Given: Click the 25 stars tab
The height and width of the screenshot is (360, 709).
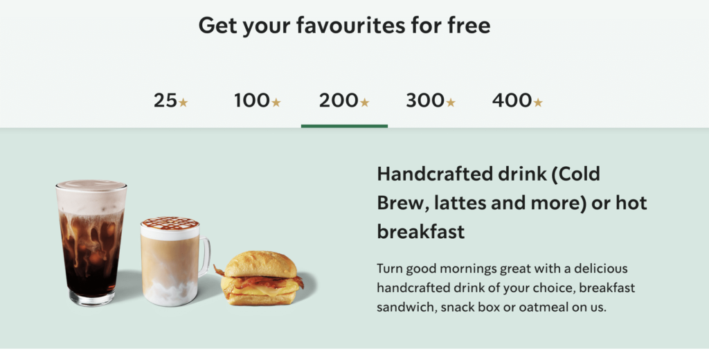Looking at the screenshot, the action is tap(170, 100).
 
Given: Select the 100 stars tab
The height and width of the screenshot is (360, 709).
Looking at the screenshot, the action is tap(258, 100).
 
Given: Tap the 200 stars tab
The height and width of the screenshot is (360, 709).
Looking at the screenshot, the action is tap(344, 100).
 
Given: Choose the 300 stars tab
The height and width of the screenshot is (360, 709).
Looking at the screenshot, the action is tap(431, 100).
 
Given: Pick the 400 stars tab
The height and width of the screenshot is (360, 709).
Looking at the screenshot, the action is tap(517, 100).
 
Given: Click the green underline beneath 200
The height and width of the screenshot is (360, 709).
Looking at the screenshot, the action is tap(344, 126).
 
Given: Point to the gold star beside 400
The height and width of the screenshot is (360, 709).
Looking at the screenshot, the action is tap(537, 102).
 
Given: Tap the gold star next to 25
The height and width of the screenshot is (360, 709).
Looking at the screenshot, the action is tap(183, 102).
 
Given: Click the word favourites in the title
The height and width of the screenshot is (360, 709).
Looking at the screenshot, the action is tap(350, 25).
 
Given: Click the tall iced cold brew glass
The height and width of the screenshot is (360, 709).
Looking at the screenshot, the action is tap(91, 243).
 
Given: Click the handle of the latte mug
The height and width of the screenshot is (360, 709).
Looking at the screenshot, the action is tap(205, 256).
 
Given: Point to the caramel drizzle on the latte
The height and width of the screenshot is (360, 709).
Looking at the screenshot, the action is tap(170, 223).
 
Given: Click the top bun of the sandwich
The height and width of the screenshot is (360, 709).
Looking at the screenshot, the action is tap(260, 264).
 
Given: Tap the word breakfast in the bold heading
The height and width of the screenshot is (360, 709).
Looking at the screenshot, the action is tap(421, 231).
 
